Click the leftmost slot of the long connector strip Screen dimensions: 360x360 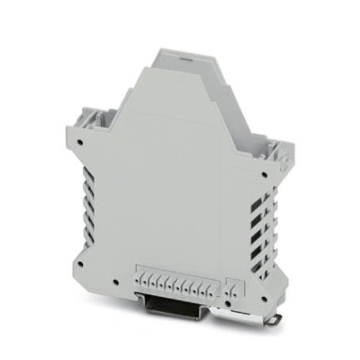pos(141,281)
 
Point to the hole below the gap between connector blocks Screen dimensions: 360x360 pos(222,300)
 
